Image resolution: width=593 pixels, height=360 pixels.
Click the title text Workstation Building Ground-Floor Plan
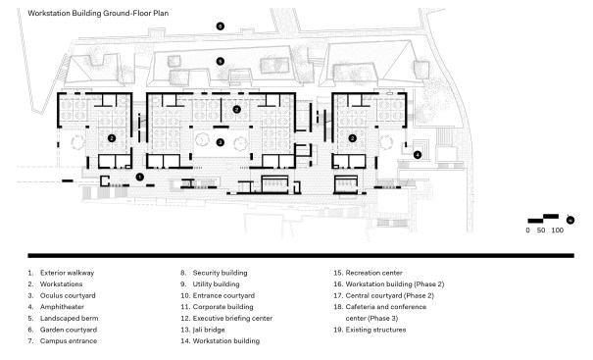(98, 14)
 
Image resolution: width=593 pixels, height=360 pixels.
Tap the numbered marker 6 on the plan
(221, 26)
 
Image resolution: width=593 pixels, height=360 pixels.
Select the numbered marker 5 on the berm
(221, 62)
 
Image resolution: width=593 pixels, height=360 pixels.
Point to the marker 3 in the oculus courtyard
(221, 142)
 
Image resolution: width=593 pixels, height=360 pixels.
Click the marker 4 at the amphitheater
(418, 154)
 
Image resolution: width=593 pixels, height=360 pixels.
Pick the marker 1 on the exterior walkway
(139, 177)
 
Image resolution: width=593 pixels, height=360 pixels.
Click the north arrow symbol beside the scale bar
(569, 220)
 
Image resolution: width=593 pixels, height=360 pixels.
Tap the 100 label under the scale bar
(557, 231)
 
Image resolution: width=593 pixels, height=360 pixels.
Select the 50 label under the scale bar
(541, 231)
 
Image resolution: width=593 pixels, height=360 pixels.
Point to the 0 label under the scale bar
(528, 231)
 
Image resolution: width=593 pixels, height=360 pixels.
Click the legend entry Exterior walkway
(67, 273)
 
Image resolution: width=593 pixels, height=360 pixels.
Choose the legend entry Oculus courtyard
(68, 295)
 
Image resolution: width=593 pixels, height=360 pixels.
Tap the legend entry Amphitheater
(62, 307)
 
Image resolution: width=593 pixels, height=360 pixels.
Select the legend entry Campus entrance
(69, 340)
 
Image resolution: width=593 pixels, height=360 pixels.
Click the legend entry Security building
(221, 273)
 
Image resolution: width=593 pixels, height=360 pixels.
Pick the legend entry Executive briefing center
(232, 318)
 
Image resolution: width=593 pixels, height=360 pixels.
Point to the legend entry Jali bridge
(209, 330)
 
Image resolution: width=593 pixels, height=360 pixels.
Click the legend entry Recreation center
(374, 273)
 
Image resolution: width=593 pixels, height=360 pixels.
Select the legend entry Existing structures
(375, 330)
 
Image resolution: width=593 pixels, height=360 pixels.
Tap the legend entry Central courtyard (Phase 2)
(389, 295)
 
